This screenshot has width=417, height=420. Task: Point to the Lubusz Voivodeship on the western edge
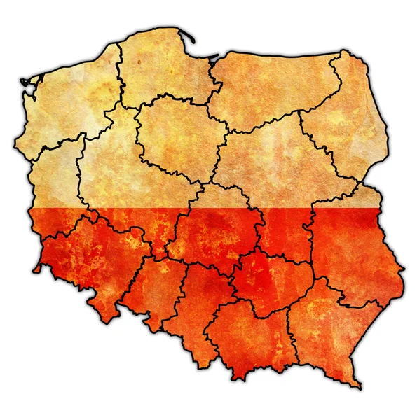coord(53,175)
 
